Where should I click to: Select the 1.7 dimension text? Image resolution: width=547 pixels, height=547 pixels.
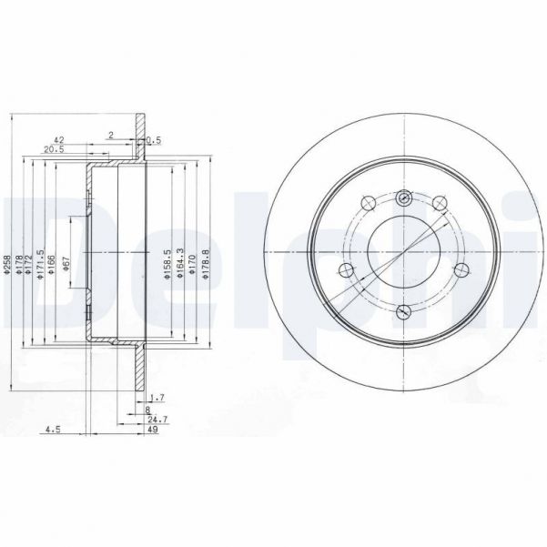point(156,396)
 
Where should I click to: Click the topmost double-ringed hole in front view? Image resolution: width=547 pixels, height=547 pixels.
point(404,199)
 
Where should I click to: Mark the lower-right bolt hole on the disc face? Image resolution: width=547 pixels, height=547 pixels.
point(460,268)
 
